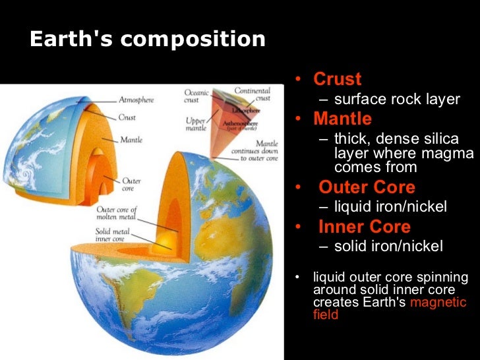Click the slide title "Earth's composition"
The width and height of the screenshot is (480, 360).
pyautogui.click(x=147, y=40)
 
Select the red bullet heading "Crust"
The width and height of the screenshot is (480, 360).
pyautogui.click(x=337, y=79)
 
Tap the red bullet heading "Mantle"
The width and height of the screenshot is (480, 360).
pyautogui.click(x=342, y=119)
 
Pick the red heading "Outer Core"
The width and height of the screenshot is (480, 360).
pyautogui.click(x=367, y=187)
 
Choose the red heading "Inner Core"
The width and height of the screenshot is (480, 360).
pyautogui.click(x=364, y=227)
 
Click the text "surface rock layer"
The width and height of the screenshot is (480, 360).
pyautogui.click(x=396, y=100)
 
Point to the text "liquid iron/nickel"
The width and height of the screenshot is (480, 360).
pyautogui.click(x=390, y=207)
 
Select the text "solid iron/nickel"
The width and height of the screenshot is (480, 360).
pyautogui.click(x=388, y=247)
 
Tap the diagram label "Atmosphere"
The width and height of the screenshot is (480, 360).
pyautogui.click(x=136, y=100)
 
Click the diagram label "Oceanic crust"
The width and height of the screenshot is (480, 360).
pyautogui.click(x=196, y=97)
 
